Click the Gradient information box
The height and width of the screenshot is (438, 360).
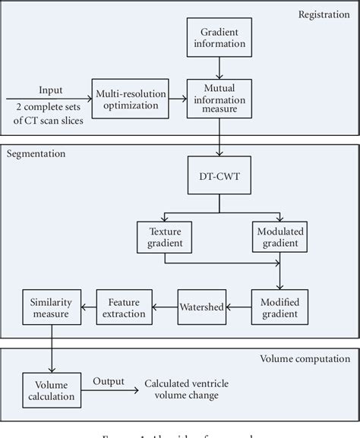coord(220,38)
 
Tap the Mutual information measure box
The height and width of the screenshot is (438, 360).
coord(220,99)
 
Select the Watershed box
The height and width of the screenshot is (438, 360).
coord(203,307)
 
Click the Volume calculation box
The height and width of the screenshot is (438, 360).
coord(50,389)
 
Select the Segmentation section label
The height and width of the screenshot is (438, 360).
coord(36,154)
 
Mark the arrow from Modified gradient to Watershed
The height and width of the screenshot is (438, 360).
coord(241,307)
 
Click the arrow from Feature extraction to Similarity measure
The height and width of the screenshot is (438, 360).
coord(87,307)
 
